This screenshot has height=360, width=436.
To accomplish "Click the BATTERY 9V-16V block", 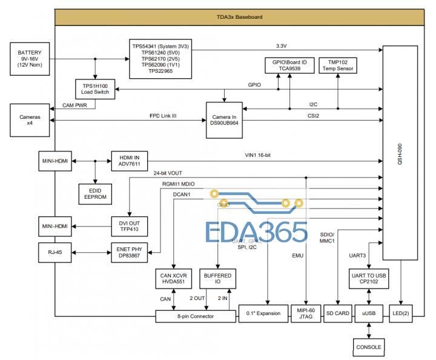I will click(30, 58).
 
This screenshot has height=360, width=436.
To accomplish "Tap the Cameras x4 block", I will click(30, 119).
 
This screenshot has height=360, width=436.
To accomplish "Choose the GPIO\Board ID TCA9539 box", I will click(289, 65).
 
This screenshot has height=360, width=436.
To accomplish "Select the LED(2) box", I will click(401, 313).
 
